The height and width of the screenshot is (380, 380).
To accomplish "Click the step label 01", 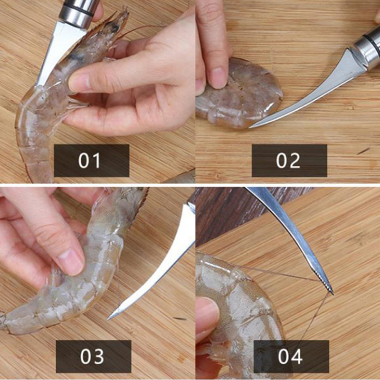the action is (x=89, y=161).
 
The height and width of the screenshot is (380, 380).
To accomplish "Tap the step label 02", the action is (x=288, y=161).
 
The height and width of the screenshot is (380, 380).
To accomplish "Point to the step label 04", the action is (x=290, y=356).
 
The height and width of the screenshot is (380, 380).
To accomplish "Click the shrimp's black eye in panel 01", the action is (x=114, y=28).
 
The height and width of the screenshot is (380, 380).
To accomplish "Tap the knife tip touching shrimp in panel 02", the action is (x=251, y=126).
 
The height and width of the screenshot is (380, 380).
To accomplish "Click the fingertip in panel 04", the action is (x=207, y=315).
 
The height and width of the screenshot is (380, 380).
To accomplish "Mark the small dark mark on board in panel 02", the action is (x=363, y=151).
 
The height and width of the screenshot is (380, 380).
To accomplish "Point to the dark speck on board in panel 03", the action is (x=180, y=318).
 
